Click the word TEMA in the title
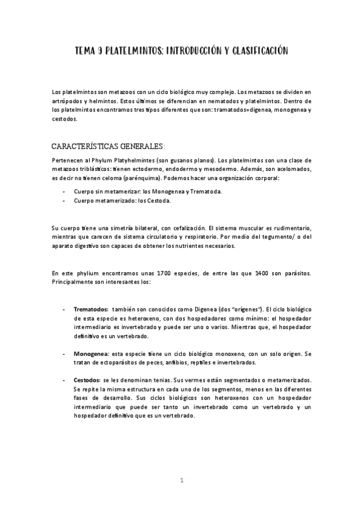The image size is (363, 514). pos(85,53)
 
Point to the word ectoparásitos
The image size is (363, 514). pos(115,362)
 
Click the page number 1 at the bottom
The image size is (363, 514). pos(182,481)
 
